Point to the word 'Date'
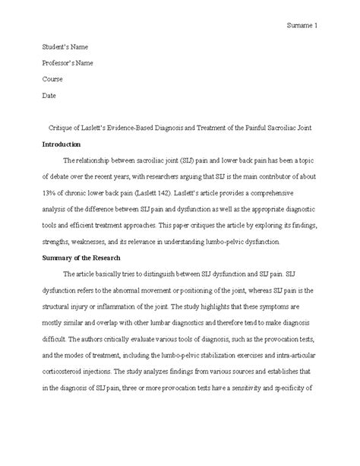[x=48, y=95]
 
